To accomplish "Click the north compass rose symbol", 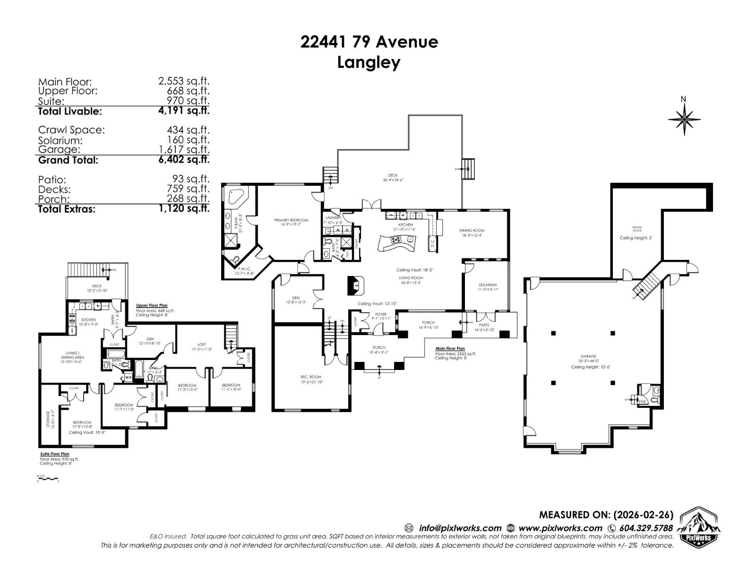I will [684, 118].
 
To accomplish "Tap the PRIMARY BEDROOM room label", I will [291, 220].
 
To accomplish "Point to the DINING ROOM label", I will [472, 231].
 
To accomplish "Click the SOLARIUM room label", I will [488, 285].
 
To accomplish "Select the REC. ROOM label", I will [311, 377].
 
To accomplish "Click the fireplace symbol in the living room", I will [356, 285].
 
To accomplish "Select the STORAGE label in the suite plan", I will [48, 419].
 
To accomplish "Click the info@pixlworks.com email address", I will [460, 528].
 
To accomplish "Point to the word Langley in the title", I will [369, 62].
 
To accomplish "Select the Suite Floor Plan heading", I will [55, 454].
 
